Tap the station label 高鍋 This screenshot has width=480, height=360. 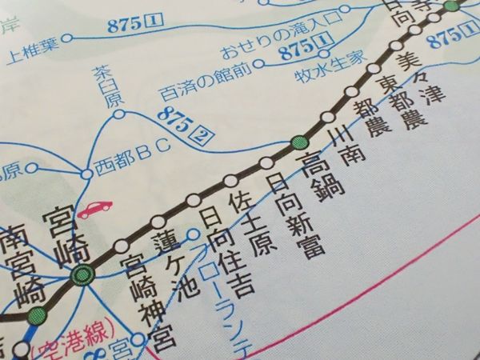point(321,176)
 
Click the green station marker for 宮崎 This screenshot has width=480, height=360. point(82,277)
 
